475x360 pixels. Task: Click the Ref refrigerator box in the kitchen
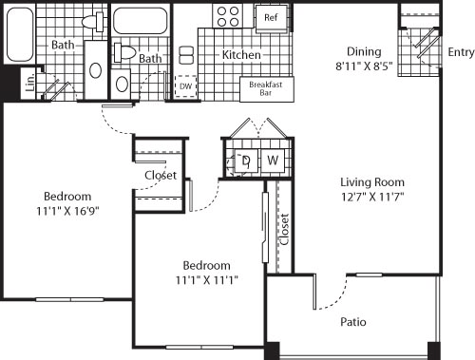[x=271, y=17]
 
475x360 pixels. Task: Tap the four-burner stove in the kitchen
[x=228, y=16]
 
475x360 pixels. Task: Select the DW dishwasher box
[x=186, y=85]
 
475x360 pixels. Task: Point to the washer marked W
[x=272, y=160]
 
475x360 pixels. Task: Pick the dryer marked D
[x=246, y=160]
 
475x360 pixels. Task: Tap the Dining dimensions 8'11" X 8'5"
[x=364, y=67]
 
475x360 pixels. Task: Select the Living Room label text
[x=373, y=182]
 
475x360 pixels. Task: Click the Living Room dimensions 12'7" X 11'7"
[x=373, y=197]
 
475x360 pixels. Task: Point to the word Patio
[x=354, y=322]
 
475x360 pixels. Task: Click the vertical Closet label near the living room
[x=284, y=229]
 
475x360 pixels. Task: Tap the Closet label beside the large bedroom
[x=160, y=176]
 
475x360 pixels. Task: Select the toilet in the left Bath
[x=94, y=21]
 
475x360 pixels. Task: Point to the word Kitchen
[x=240, y=55]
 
